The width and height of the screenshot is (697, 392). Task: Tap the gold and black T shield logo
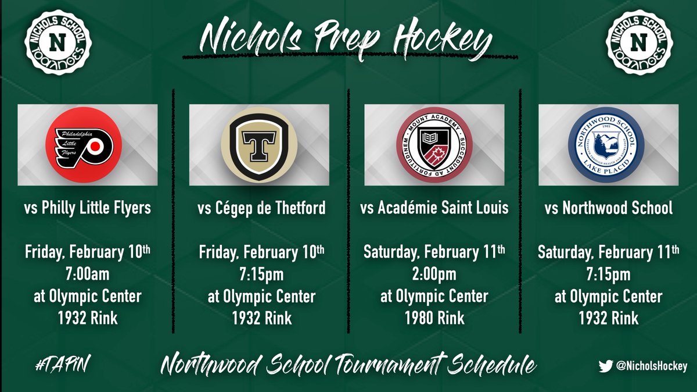pos(259,145)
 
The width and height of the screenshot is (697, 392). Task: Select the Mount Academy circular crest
pos(434,145)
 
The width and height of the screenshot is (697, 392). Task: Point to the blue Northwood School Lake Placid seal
pos(608,145)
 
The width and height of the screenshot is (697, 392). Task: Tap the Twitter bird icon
pos(606,366)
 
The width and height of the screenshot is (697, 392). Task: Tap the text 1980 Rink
pos(434,318)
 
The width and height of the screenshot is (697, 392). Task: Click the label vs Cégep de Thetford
pos(261,208)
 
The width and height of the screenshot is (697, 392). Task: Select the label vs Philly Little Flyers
pos(87,208)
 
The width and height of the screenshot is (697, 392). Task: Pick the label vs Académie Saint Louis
pos(434,208)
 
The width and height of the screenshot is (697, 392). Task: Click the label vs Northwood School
pos(608,208)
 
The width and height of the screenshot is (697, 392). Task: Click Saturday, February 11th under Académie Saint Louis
pos(434,252)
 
